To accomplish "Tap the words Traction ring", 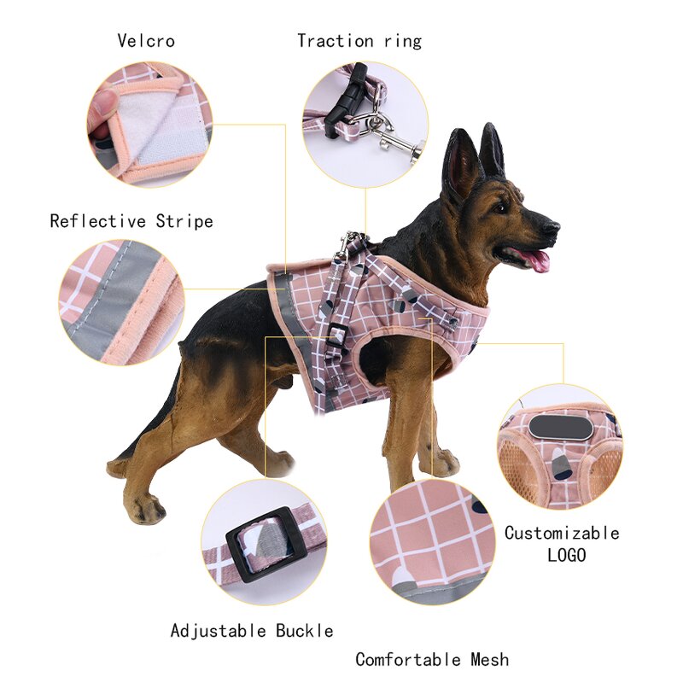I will pos(359,40).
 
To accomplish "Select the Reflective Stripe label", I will pos(131,221).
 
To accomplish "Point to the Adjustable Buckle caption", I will pos(252,631).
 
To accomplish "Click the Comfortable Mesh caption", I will pos(432,659).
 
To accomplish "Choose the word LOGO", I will pos(566,555).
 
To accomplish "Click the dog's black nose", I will pos(554,227).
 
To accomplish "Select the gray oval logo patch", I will pos(561,427).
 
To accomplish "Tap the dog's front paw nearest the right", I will pos(442,465).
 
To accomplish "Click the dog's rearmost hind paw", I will pos(147,510).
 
